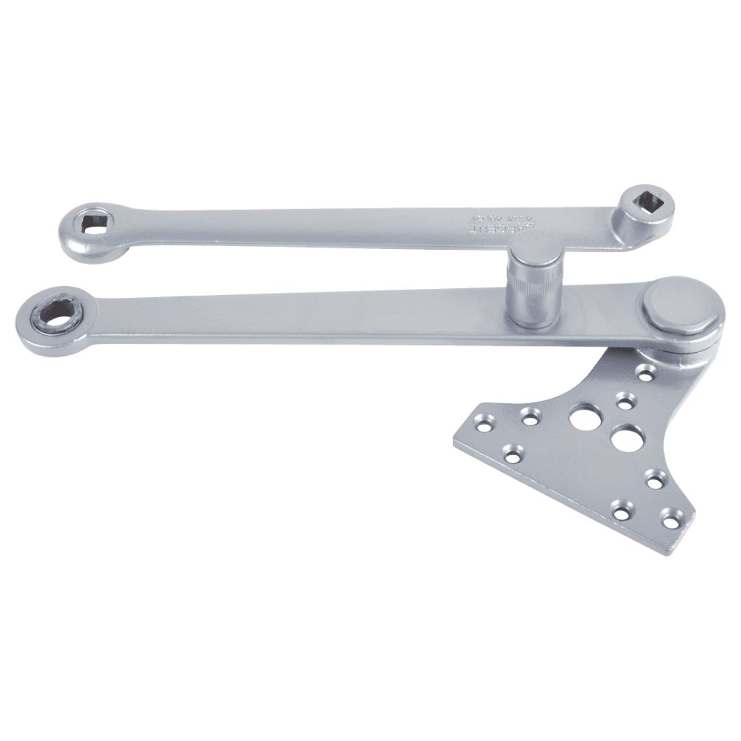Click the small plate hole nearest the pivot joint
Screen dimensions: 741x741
[645, 373]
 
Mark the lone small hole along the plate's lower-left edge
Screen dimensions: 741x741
[512, 454]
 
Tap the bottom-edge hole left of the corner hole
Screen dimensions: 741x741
[621, 511]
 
